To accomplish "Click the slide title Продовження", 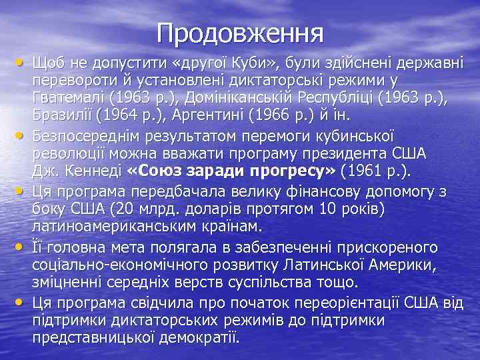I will point(240,32).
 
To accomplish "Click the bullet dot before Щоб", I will point(19,64).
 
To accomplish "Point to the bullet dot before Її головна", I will point(19,247).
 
